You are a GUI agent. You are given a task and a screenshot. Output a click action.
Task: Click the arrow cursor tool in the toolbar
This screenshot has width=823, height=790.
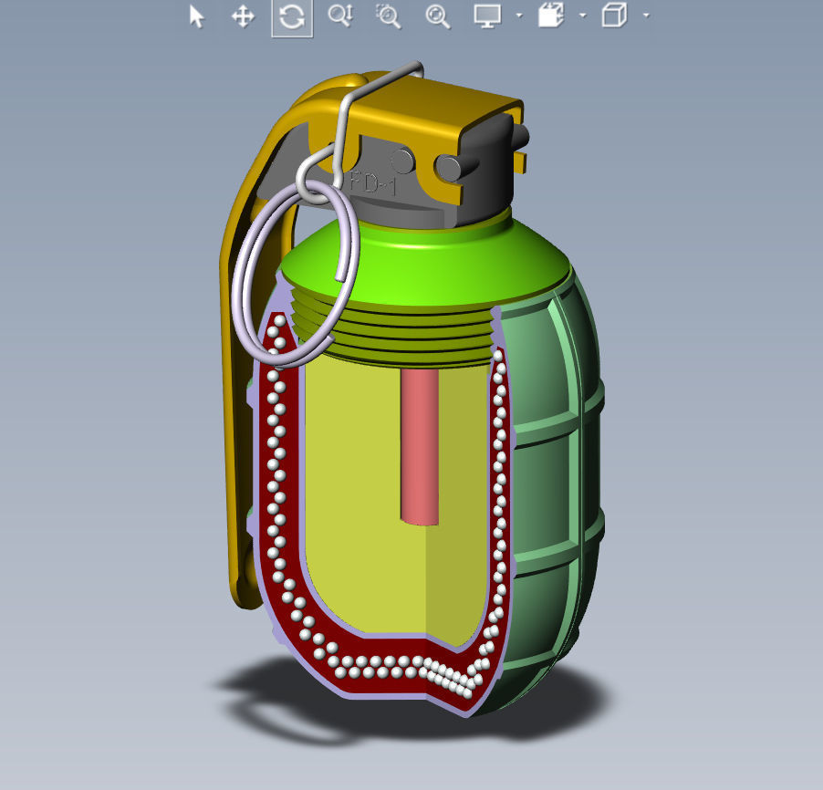tap(196, 16)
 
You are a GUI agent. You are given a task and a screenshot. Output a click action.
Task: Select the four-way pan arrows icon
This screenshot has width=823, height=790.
tap(243, 16)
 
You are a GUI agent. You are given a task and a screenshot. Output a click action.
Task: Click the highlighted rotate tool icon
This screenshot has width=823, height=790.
tap(292, 17)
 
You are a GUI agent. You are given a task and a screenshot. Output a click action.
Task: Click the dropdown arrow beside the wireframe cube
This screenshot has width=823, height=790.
tap(646, 16)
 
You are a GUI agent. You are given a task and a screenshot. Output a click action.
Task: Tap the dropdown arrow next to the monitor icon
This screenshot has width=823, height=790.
tap(518, 16)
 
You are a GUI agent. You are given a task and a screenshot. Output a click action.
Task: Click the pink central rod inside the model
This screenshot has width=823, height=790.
tap(420, 447)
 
